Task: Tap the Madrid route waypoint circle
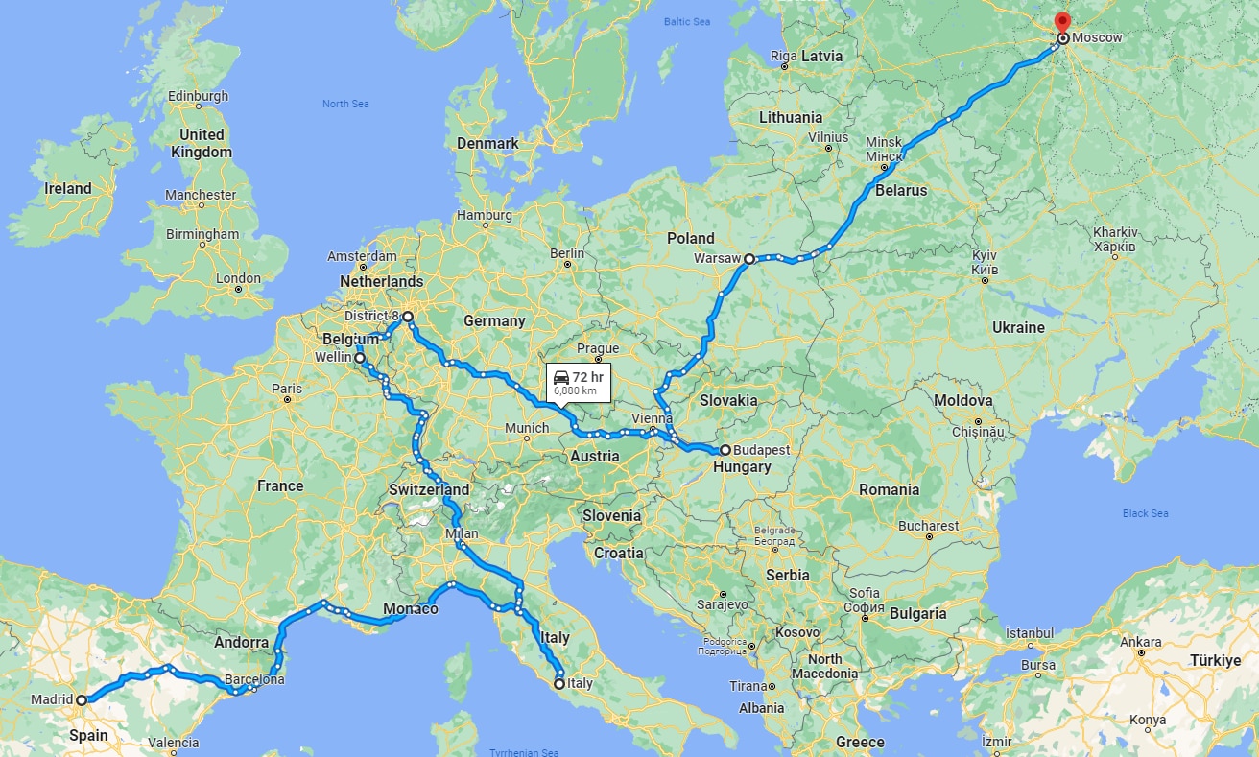82,700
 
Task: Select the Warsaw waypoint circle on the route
748,258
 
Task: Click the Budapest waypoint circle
725,450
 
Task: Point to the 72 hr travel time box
579,382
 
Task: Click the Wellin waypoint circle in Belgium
360,358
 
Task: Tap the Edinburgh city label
199,96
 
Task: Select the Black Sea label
1145,513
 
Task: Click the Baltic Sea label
687,21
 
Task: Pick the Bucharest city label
928,526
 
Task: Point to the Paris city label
286,389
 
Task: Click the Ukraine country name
1018,327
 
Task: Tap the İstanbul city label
1029,633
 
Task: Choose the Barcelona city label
253,678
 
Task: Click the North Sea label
345,104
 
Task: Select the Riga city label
783,56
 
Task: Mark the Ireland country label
68,188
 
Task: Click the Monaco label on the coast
410,609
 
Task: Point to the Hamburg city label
485,215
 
